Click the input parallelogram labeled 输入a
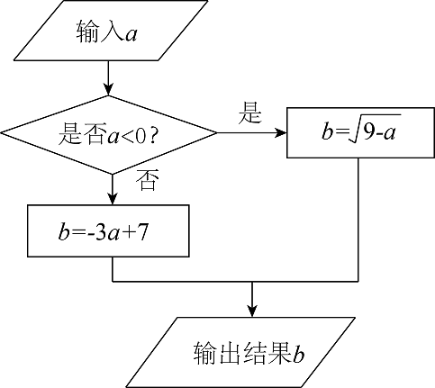click(x=111, y=31)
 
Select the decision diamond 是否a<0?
click(x=109, y=135)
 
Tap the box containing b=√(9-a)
click(x=360, y=132)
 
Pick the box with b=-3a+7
click(x=108, y=230)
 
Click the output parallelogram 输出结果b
click(x=240, y=353)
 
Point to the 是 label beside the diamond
click(x=250, y=113)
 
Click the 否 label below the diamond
click(x=147, y=180)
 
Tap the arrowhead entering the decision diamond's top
click(x=108, y=89)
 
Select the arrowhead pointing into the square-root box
click(x=280, y=132)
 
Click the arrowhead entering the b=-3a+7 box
click(x=113, y=199)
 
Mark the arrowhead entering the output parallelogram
click(x=252, y=311)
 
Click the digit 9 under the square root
click(x=368, y=131)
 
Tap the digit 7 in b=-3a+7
click(x=143, y=231)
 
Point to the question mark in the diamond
click(x=153, y=136)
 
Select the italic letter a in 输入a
click(x=131, y=35)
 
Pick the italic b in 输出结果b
click(x=299, y=354)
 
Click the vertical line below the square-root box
click(x=358, y=220)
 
